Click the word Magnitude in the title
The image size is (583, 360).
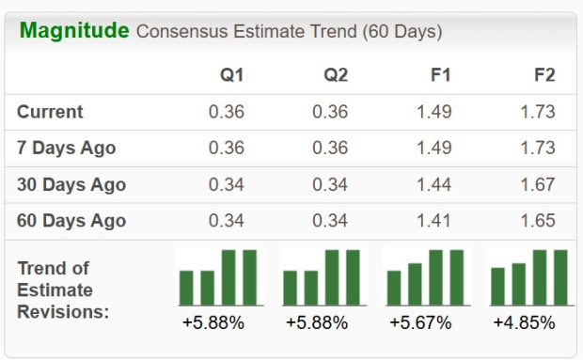click(74, 30)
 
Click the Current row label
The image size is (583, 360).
click(50, 112)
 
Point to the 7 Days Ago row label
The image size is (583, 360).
click(66, 149)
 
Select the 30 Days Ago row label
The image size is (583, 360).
click(71, 184)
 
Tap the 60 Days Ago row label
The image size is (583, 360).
click(71, 221)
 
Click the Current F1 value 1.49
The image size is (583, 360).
click(433, 112)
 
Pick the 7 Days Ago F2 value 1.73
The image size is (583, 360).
click(537, 149)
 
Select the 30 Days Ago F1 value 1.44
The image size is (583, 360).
click(433, 184)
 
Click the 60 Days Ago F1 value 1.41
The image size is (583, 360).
click(433, 221)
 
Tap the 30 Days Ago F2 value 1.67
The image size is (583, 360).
click(537, 184)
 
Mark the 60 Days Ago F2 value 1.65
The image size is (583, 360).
click(537, 221)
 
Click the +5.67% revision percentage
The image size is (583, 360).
click(420, 323)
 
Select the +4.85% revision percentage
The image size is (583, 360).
click(524, 323)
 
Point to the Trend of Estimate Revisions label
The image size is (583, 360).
click(63, 290)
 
